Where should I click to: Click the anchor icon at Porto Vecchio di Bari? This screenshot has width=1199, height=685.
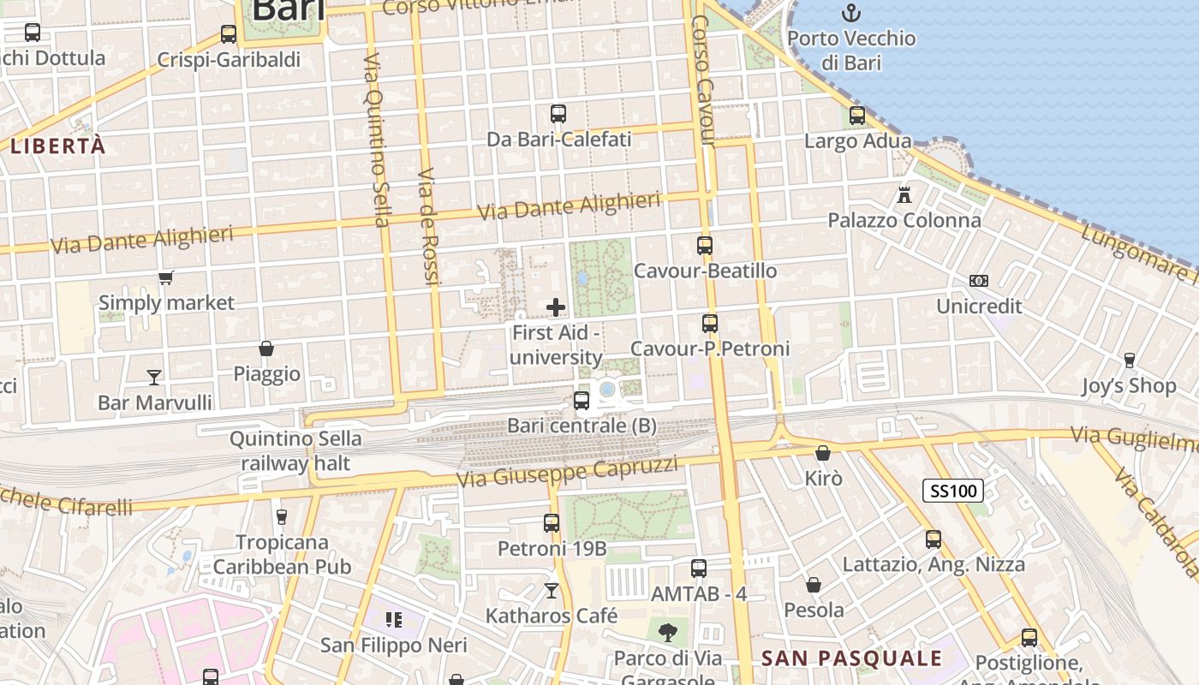[x=850, y=13]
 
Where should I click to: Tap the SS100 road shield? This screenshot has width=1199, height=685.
[x=952, y=491]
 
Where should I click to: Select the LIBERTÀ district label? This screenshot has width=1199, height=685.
[x=58, y=146]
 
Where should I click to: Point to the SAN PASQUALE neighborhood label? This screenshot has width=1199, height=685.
[x=851, y=658]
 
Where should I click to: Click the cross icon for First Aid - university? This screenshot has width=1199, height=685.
[x=556, y=307]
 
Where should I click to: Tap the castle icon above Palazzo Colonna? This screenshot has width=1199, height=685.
[x=904, y=194]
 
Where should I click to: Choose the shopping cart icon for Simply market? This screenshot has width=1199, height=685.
[x=166, y=277]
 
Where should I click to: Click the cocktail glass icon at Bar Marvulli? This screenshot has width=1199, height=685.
[x=154, y=377]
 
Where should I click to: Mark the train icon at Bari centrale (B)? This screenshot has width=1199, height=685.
[x=582, y=400]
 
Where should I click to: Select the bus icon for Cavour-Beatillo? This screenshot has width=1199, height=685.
[x=705, y=246]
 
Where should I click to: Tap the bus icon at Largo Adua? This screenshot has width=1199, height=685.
[x=857, y=116]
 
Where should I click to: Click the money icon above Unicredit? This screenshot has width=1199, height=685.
[x=979, y=281]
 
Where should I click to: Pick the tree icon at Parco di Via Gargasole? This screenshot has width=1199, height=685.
[x=667, y=633]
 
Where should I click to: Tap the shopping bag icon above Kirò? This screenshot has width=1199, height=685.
[x=823, y=453]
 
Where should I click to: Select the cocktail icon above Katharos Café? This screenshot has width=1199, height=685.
[x=552, y=591]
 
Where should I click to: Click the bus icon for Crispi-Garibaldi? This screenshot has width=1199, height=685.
[x=229, y=34]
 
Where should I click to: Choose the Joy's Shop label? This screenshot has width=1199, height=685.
[x=1129, y=386]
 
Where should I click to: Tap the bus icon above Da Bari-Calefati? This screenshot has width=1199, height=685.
[x=558, y=114]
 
